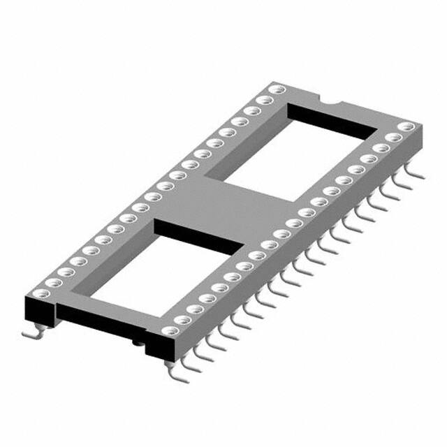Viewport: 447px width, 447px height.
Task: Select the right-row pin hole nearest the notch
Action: point(407,127)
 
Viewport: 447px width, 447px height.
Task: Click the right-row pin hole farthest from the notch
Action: point(166,332)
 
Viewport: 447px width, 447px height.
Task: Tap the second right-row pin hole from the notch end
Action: point(393,138)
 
